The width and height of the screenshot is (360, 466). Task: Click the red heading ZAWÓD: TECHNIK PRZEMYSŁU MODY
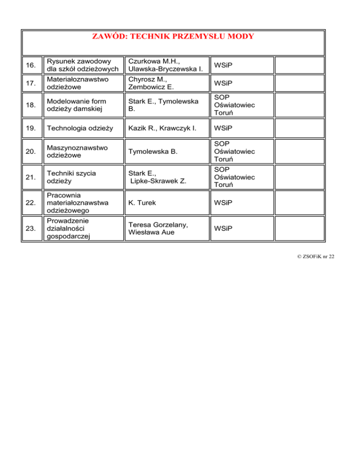173,37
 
